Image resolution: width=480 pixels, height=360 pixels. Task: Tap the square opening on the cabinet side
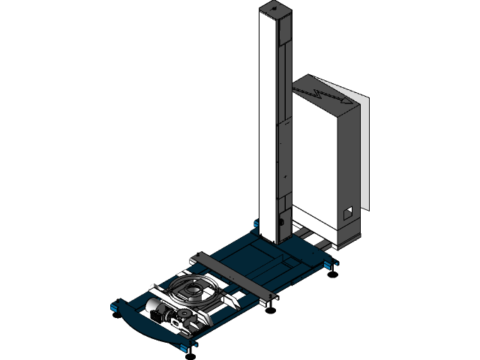click(348, 214)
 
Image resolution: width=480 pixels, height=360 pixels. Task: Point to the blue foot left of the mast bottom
click(256, 224)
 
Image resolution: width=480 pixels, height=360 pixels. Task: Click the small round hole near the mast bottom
click(278, 221)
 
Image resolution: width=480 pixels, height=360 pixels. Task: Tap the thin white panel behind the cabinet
click(365, 150)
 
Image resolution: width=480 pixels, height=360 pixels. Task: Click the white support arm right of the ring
click(229, 301)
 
